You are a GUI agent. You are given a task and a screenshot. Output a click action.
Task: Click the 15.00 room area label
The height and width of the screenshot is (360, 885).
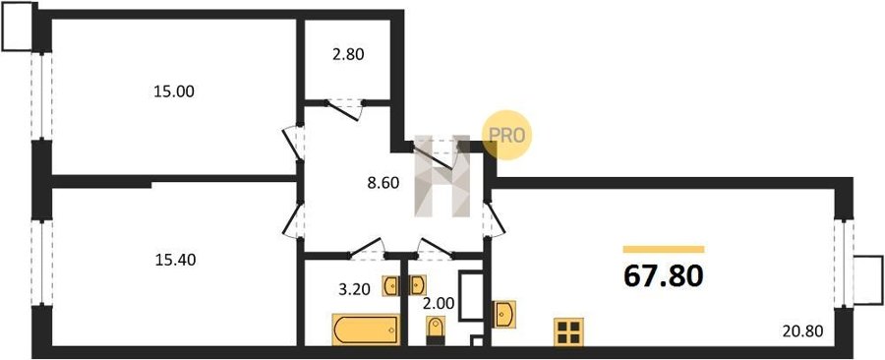point(174,91)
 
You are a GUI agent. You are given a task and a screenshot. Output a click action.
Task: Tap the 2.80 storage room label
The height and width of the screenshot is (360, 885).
point(348,55)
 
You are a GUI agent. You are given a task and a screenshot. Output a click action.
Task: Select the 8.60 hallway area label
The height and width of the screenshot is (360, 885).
point(383,183)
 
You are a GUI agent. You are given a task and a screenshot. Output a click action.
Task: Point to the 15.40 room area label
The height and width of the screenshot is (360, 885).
point(175,260)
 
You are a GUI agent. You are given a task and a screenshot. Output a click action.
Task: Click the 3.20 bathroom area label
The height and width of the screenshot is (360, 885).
point(354,290)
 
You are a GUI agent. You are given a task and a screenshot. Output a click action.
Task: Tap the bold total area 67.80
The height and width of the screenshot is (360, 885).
point(664,276)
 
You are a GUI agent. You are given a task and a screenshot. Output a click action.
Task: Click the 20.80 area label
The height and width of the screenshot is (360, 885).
point(804,330)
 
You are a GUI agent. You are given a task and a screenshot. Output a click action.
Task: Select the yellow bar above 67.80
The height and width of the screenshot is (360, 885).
point(664,250)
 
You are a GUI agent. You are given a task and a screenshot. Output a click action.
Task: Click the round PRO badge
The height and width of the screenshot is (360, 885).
point(506,135)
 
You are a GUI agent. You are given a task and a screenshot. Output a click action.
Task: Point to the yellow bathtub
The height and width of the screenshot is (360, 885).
point(367,330)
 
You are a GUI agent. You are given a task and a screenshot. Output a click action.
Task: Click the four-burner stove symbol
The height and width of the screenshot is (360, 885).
point(568,331)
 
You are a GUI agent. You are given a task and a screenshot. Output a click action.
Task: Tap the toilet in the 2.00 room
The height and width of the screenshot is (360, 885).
point(436,330)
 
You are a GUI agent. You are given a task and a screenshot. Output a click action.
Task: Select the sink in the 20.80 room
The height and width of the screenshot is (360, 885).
point(504,315)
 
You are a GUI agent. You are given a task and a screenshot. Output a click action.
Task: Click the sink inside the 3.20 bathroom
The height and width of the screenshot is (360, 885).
point(390,286)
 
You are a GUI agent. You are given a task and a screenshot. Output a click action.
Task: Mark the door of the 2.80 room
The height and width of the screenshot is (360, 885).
point(344,110)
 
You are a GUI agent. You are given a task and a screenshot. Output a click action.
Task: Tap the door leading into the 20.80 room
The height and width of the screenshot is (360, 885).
point(494,219)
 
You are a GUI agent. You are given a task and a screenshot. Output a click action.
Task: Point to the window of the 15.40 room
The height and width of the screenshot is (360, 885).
point(41,263)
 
